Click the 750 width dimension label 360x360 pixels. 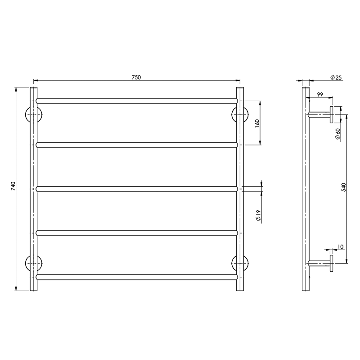(x=136, y=77)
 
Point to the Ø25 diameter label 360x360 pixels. (x=336, y=77)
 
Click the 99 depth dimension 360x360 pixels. (x=320, y=94)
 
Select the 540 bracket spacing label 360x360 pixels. (x=343, y=188)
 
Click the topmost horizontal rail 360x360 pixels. (x=136, y=101)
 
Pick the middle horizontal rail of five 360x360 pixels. (x=136, y=189)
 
